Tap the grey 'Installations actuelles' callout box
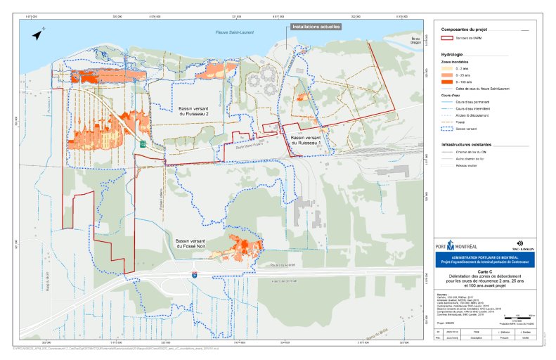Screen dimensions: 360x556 pos(316,27)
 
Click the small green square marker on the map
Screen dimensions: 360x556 pos(143,142)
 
